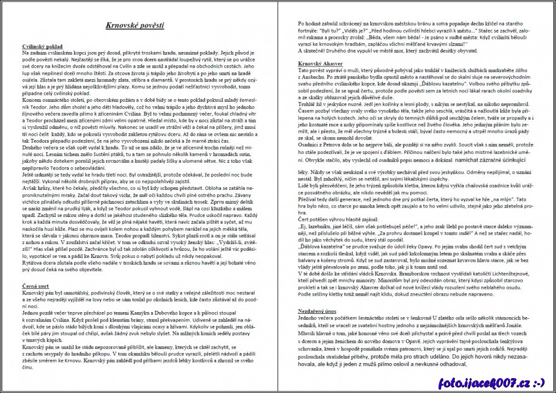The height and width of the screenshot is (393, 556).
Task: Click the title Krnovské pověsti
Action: (135, 25)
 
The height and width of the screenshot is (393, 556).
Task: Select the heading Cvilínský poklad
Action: (42, 46)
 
